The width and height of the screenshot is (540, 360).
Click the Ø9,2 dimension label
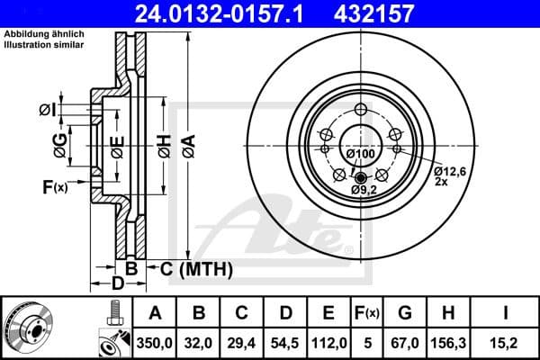[364, 191]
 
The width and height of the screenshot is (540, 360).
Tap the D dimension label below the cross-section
[118, 285]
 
